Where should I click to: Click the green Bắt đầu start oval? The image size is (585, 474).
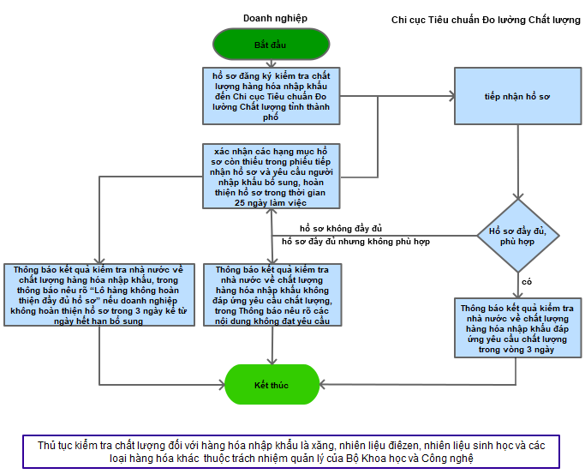point(271,44)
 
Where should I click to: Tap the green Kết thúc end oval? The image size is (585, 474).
point(272,385)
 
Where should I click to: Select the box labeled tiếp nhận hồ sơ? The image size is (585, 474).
point(516,97)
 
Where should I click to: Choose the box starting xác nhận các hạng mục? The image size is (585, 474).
point(271,176)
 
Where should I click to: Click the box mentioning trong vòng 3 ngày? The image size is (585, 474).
point(516,327)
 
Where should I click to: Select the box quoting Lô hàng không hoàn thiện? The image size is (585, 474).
point(100,295)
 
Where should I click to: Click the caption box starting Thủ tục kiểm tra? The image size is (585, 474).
point(291,451)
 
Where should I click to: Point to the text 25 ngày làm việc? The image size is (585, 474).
point(271,203)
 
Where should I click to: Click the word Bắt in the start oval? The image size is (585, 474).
point(261,44)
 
